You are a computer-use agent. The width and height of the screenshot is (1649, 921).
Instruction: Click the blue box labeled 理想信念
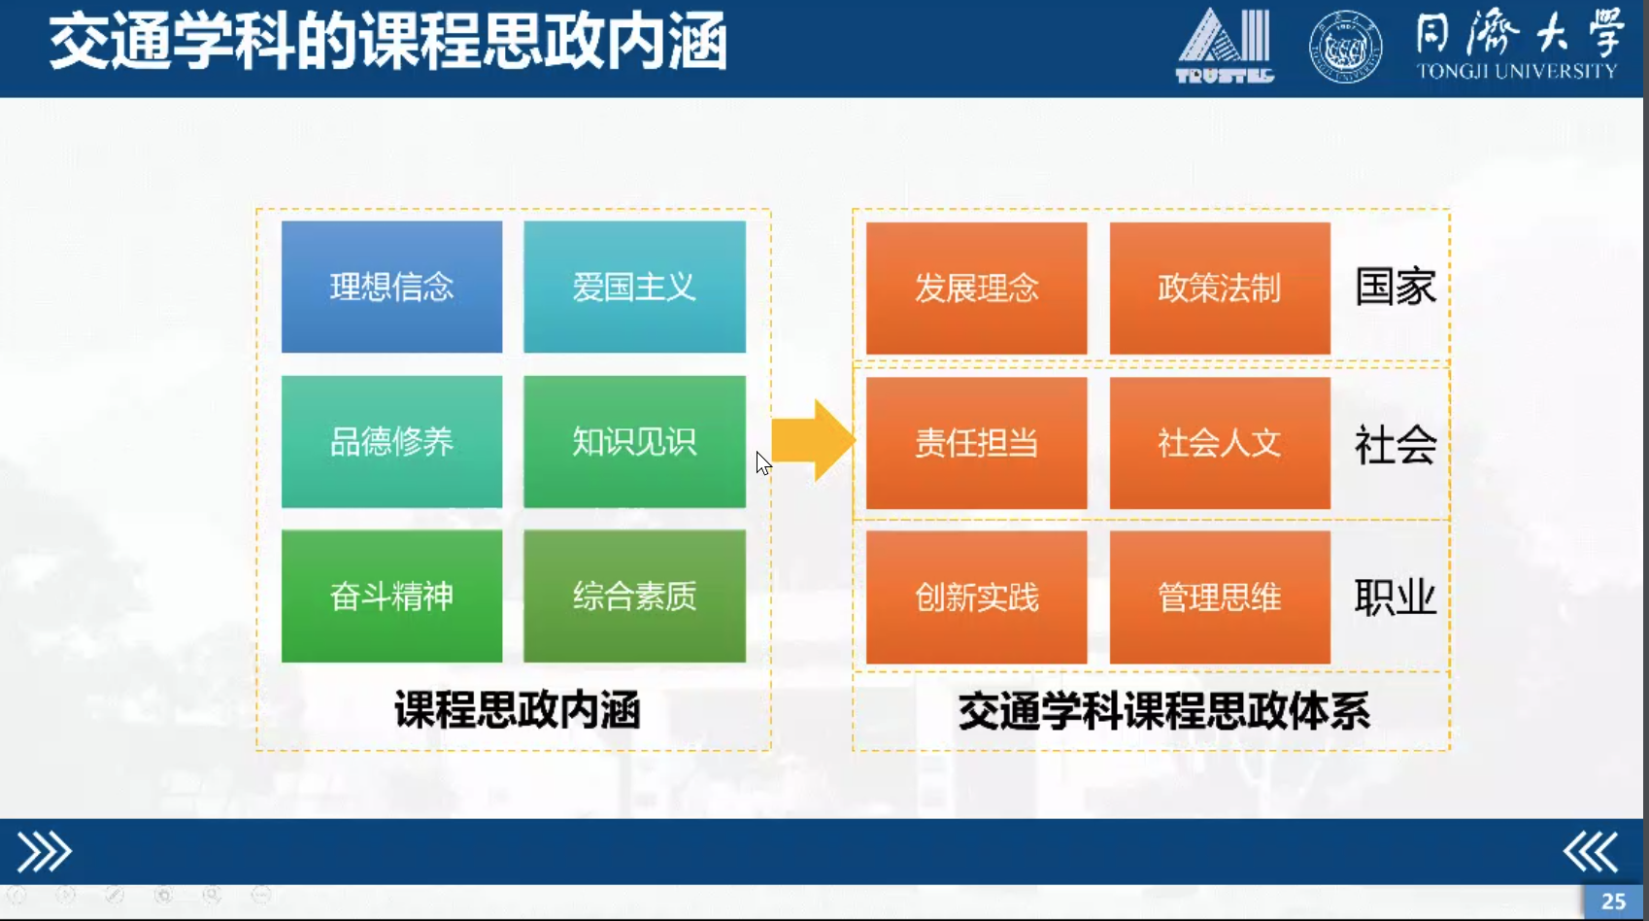(x=391, y=287)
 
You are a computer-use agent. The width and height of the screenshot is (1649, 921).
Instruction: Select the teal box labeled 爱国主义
(x=634, y=287)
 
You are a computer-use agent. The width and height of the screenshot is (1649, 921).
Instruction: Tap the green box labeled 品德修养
(x=391, y=442)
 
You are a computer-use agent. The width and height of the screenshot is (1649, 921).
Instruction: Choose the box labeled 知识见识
(x=634, y=442)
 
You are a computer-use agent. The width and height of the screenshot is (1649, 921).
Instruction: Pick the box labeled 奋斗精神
(x=391, y=596)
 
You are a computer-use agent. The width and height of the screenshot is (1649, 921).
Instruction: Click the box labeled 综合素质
(x=634, y=596)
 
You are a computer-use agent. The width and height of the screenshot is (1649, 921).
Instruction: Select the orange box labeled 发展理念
(x=976, y=289)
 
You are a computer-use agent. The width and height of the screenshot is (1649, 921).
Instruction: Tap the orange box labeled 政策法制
(x=1220, y=289)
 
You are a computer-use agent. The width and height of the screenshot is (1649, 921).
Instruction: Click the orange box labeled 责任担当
(x=976, y=443)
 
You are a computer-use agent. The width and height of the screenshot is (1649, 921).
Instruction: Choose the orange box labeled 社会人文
(x=1220, y=443)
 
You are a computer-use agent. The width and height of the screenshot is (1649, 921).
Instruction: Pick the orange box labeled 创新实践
(x=976, y=597)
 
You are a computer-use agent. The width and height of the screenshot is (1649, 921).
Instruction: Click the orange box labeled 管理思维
(x=1220, y=597)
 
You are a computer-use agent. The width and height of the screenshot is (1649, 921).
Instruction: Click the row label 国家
(x=1395, y=288)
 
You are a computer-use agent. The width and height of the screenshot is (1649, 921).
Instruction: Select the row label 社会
(x=1395, y=445)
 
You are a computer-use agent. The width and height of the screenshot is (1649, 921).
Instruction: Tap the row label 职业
(x=1395, y=597)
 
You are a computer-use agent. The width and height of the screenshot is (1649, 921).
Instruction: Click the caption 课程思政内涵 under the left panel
(x=517, y=710)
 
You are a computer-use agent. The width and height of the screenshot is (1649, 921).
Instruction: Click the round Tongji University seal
(x=1345, y=47)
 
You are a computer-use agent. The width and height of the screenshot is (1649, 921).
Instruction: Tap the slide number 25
(x=1613, y=902)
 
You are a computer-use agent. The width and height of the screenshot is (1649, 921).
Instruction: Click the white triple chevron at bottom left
(x=44, y=852)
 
